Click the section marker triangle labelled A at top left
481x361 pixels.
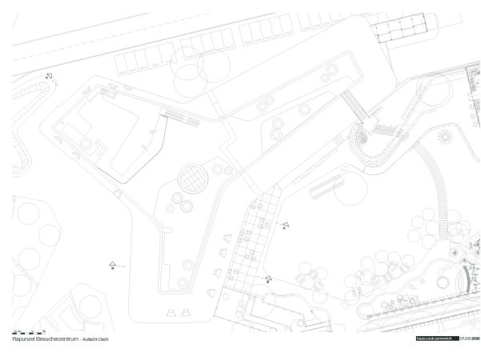(x=49, y=77)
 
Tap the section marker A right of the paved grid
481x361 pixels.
(x=283, y=225)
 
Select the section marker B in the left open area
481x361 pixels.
(x=113, y=265)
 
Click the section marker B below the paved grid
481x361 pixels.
(x=269, y=278)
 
